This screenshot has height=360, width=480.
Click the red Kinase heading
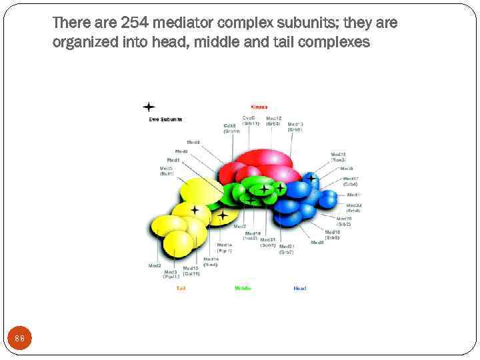coord(259,107)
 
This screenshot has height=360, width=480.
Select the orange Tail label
coord(181,288)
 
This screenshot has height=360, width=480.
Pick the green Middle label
coord(243,288)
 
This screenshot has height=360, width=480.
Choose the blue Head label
coord(300,288)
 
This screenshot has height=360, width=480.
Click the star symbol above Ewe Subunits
coord(149,107)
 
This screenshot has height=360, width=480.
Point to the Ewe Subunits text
coord(165,119)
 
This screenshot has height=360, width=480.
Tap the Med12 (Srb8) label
coord(273,121)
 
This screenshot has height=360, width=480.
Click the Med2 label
coord(155,265)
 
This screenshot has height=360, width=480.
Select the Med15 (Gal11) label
coord(191,271)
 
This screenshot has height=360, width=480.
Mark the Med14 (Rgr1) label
coord(225,247)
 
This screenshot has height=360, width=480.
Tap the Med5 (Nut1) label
coord(166,171)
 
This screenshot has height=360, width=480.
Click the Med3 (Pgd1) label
coord(171,273)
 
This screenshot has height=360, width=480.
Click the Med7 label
coord(240,227)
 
